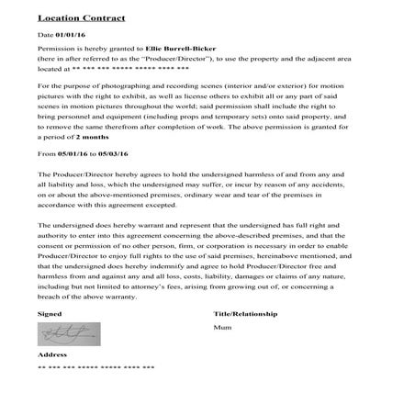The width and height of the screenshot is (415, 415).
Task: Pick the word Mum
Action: (221, 326)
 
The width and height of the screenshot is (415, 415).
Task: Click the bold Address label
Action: (53, 353)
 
